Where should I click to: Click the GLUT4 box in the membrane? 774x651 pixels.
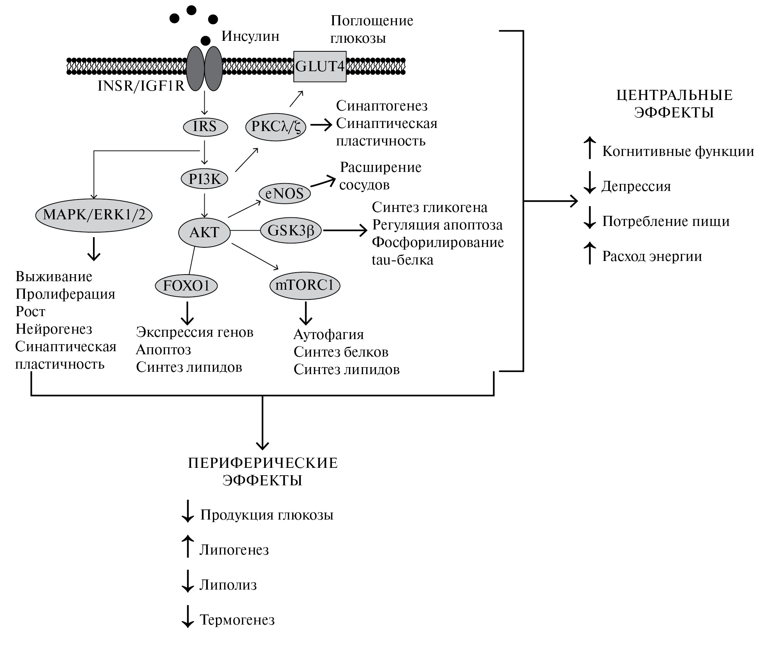(319, 66)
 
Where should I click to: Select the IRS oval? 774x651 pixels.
(205, 127)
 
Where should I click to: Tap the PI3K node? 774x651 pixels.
(205, 179)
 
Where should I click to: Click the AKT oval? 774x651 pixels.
(204, 232)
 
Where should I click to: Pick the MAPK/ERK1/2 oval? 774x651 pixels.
(94, 215)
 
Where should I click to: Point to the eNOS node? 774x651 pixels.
(284, 193)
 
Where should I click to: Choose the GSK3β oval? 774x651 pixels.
(291, 230)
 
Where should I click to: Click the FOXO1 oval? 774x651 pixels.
(186, 286)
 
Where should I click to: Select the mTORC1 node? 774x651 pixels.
(305, 285)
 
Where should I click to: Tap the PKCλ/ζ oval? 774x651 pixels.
(276, 127)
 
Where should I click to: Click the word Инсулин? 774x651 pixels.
(250, 36)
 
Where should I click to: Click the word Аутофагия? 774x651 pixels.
(328, 334)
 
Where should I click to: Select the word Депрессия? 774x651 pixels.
(636, 186)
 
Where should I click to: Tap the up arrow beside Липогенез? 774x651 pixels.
(188, 546)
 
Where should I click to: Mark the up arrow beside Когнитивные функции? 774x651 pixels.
(590, 148)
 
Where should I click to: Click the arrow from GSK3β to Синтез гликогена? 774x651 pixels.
(345, 231)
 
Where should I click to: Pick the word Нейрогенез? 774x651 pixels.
(54, 329)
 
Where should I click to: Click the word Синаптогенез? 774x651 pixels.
(382, 106)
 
